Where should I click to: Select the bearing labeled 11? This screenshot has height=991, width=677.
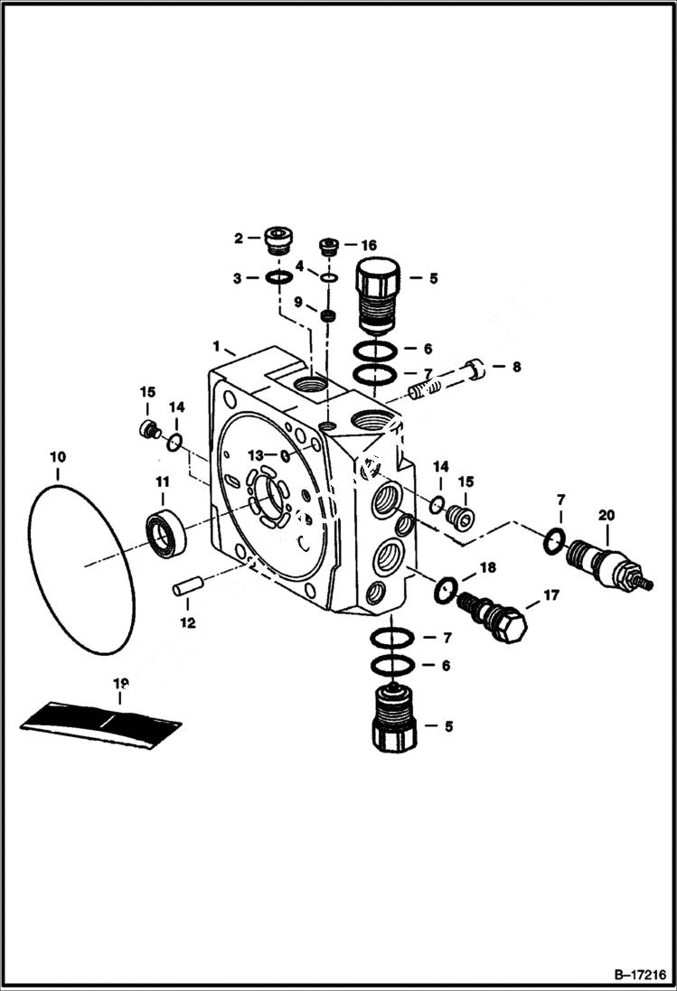click(x=166, y=534)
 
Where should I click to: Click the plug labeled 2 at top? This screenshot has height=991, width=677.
click(x=277, y=239)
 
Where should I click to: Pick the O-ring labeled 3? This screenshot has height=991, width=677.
click(x=279, y=277)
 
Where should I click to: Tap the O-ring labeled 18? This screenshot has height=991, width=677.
click(x=445, y=592)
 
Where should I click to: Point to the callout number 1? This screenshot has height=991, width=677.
click(x=216, y=347)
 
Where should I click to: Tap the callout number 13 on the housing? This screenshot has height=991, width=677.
click(x=257, y=454)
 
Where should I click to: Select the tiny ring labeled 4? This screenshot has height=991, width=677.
click(x=329, y=278)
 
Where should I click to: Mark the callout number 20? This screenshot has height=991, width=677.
click(x=606, y=515)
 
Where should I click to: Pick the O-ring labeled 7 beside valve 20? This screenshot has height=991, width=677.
click(x=552, y=543)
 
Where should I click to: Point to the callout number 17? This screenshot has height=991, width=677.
click(x=550, y=595)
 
